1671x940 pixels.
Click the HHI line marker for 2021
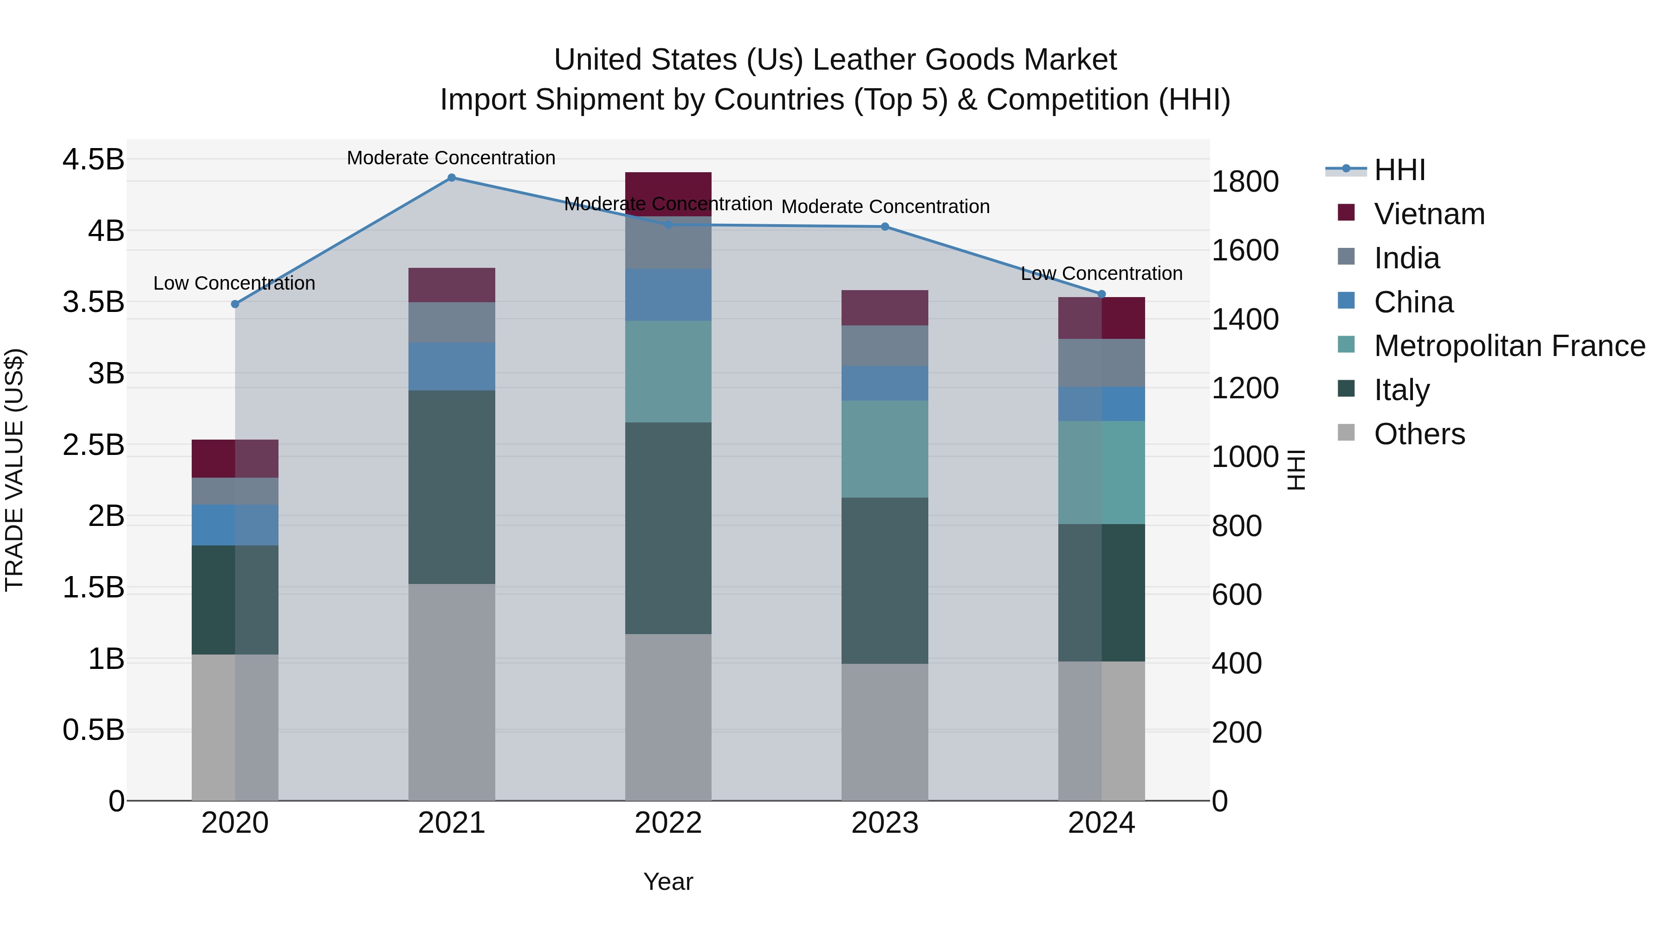(x=452, y=178)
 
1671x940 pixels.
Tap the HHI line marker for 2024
(x=1101, y=294)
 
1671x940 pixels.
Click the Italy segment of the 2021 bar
(x=452, y=486)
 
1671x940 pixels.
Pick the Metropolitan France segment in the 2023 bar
(x=885, y=449)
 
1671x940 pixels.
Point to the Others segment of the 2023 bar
(x=885, y=732)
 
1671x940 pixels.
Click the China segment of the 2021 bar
(x=452, y=367)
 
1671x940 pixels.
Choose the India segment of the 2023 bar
(x=885, y=346)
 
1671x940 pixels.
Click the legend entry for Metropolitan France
(x=1509, y=346)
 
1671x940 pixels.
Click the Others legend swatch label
(x=1419, y=434)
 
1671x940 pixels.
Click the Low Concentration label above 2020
(x=234, y=284)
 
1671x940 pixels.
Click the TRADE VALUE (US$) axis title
(x=14, y=470)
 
